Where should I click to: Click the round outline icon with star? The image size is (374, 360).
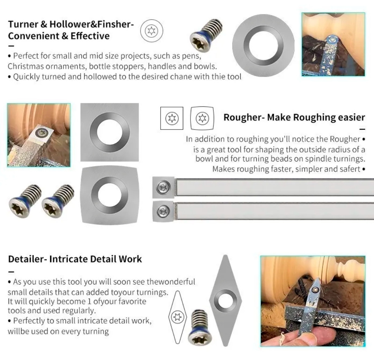(151, 31)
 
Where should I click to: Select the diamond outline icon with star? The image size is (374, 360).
(177, 317)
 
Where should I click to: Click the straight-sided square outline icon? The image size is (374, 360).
(172, 118)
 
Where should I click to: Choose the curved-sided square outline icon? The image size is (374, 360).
(202, 118)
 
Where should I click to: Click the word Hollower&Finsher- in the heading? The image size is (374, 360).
(91, 24)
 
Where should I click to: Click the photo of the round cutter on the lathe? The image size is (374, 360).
(333, 44)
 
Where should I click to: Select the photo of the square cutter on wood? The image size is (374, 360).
(39, 135)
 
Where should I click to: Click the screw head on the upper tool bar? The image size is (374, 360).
(163, 187)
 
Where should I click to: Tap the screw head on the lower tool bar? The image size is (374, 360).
(163, 211)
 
